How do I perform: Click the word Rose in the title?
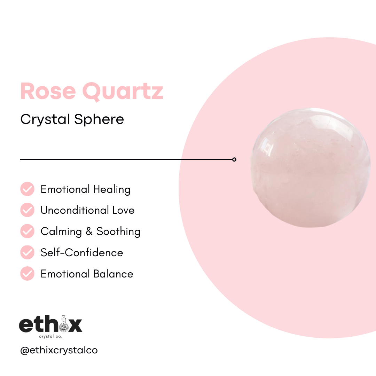tap(48, 91)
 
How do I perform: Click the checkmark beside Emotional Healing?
tap(27, 189)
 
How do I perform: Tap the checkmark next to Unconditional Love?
tap(27, 210)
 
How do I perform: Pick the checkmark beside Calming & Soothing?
tap(27, 231)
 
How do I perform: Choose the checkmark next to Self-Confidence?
tap(27, 252)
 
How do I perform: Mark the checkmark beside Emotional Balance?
tap(27, 274)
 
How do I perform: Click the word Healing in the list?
tap(112, 190)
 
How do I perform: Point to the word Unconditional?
tap(75, 210)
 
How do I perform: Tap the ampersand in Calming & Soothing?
tap(90, 232)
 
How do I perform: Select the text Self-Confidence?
tap(82, 252)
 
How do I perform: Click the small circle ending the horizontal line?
tap(234, 159)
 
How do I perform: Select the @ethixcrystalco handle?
tap(59, 350)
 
